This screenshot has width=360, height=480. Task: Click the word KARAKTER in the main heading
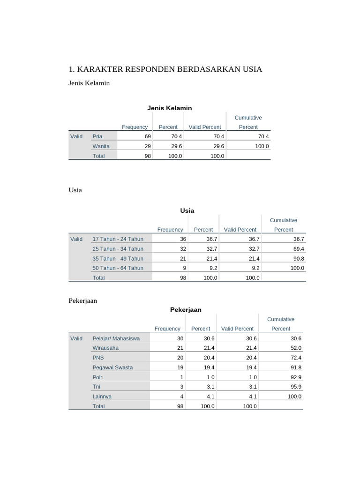99,69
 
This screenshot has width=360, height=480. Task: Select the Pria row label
97,136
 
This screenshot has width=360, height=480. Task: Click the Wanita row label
101,146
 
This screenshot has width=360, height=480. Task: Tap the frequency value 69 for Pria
148,136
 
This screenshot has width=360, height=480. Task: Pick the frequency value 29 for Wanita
148,146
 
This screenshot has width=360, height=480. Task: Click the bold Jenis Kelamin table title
169,108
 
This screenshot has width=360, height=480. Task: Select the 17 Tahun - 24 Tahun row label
118,239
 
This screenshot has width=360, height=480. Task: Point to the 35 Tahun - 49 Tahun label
118,258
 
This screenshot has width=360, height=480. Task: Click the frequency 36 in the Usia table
183,239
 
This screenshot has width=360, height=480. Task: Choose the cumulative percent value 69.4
298,249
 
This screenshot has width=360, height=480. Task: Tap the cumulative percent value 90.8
298,258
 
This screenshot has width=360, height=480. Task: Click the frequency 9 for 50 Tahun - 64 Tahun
185,268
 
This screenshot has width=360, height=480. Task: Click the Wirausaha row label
105,348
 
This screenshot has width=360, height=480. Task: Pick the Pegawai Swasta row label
112,367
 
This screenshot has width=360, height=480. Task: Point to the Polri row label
98,377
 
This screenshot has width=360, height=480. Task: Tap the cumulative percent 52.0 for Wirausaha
296,348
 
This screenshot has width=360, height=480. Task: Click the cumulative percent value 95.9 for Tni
296,387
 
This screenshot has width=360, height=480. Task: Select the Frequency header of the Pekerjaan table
167,329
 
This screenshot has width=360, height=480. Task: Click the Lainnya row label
102,397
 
